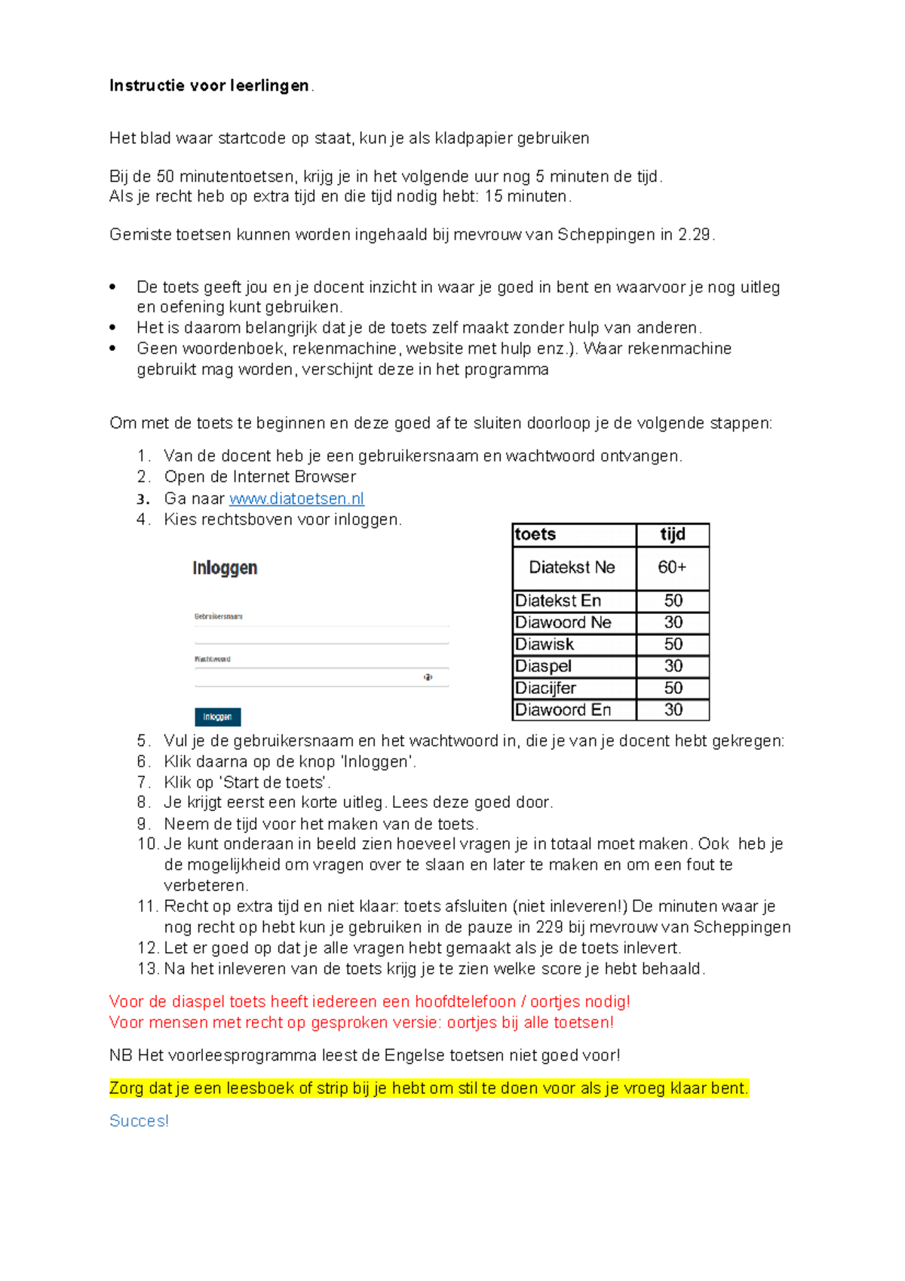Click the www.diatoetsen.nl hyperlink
(296, 499)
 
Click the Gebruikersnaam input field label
(218, 616)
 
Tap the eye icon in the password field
(428, 677)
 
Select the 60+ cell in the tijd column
(672, 567)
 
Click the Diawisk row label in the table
(545, 644)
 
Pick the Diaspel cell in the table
(543, 666)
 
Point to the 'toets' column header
(535, 534)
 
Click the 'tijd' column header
(672, 534)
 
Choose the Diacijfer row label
(545, 688)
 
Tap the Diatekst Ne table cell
(572, 567)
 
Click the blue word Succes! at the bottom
(139, 1121)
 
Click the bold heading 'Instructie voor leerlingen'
(209, 86)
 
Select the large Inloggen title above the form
(225, 568)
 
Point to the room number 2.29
(694, 235)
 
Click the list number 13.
(147, 969)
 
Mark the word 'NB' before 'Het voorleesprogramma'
(121, 1055)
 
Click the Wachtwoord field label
(213, 659)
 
